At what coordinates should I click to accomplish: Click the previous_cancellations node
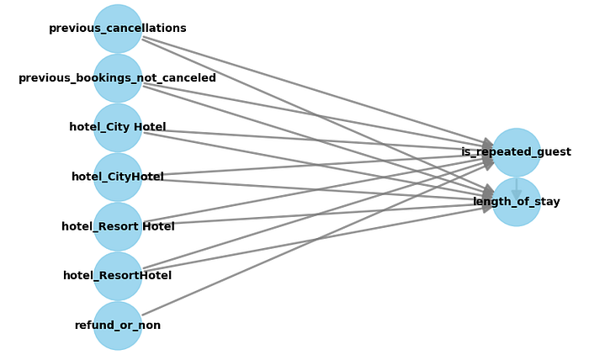point(118,29)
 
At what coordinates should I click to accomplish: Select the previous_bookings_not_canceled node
point(118,78)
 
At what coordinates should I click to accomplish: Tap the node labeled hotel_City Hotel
point(118,128)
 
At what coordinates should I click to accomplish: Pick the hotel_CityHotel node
point(118,177)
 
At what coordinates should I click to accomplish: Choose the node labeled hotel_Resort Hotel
point(118,226)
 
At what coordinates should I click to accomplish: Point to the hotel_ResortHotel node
point(118,276)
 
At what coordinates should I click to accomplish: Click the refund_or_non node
point(118,326)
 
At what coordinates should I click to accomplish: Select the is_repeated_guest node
point(516,152)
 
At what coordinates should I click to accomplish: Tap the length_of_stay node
point(516,202)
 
